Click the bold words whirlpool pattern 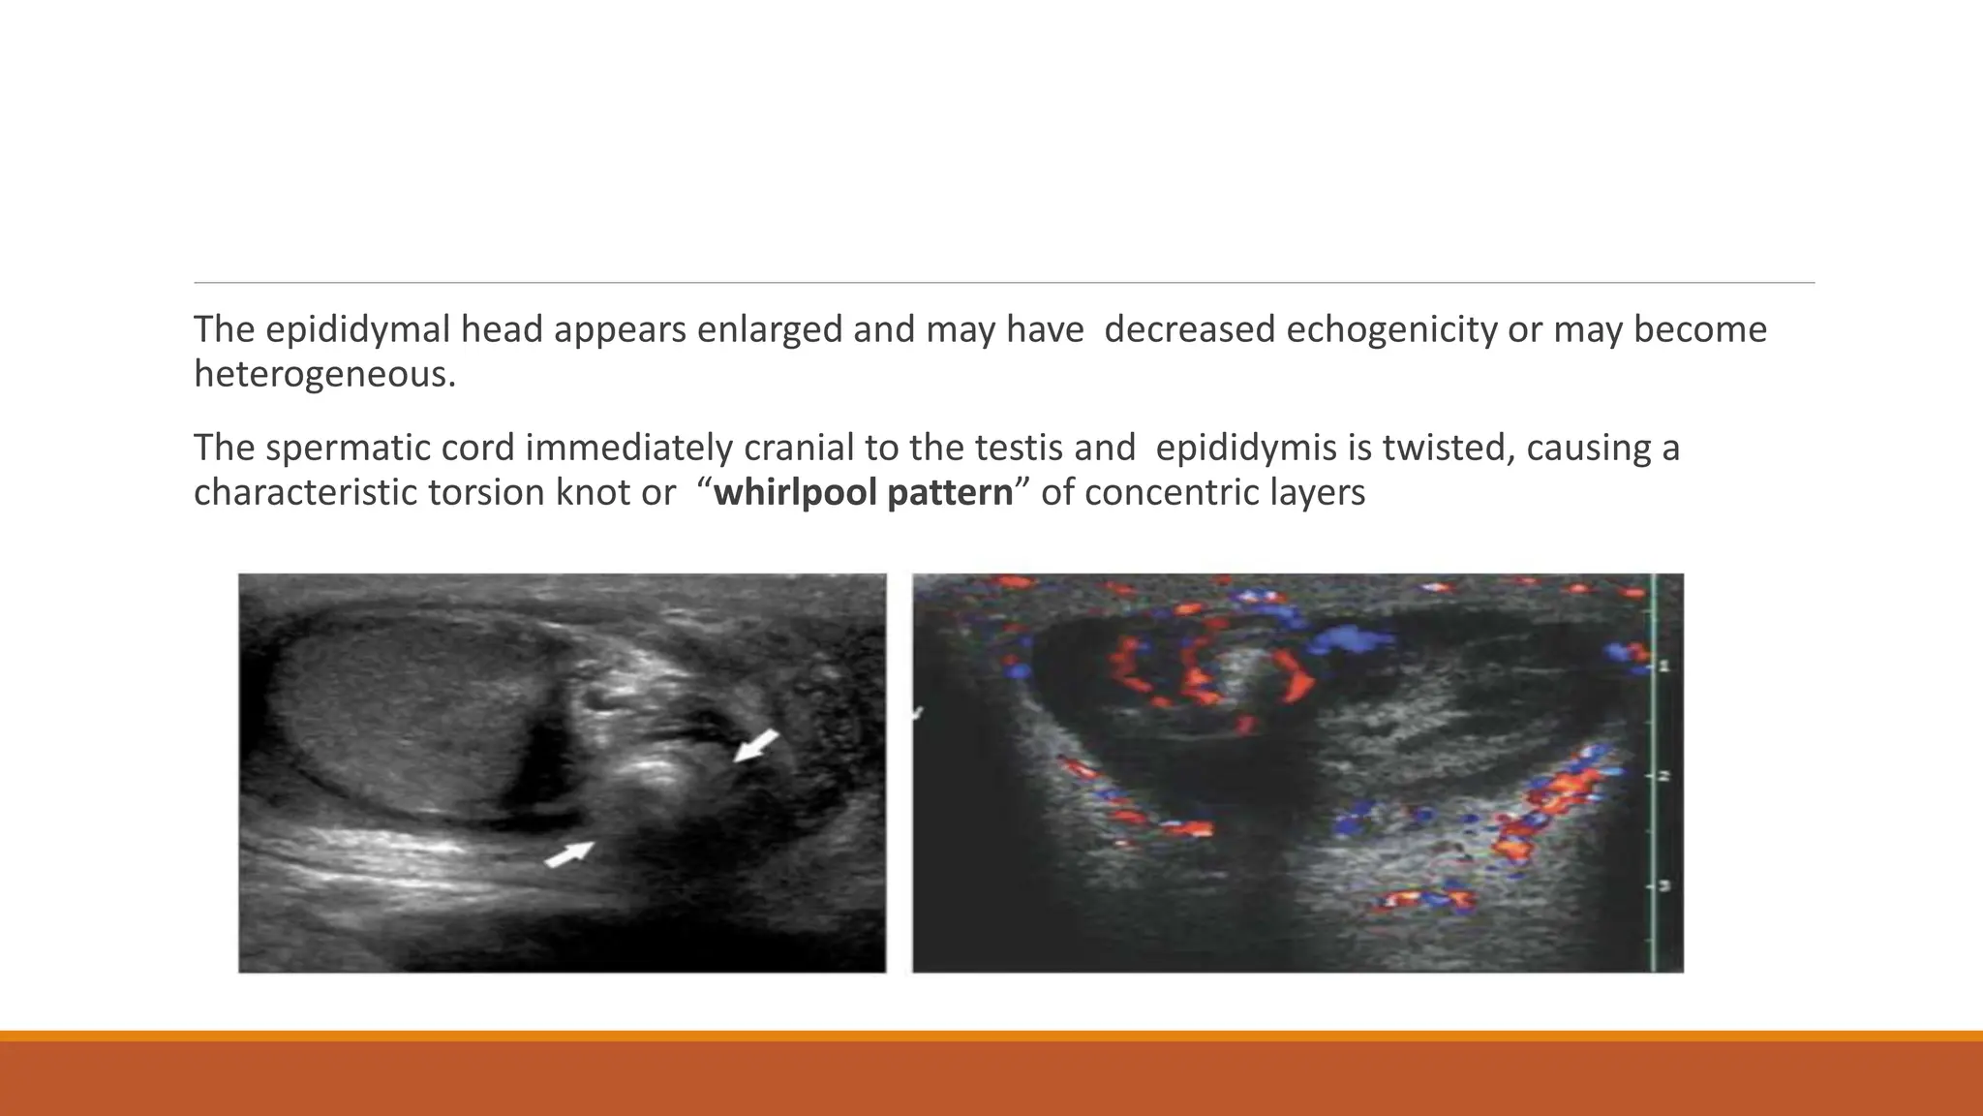tap(863, 493)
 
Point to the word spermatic tap(389, 449)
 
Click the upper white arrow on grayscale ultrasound tap(756, 745)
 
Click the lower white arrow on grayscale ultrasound tap(569, 852)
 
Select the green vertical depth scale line tap(1654, 775)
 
